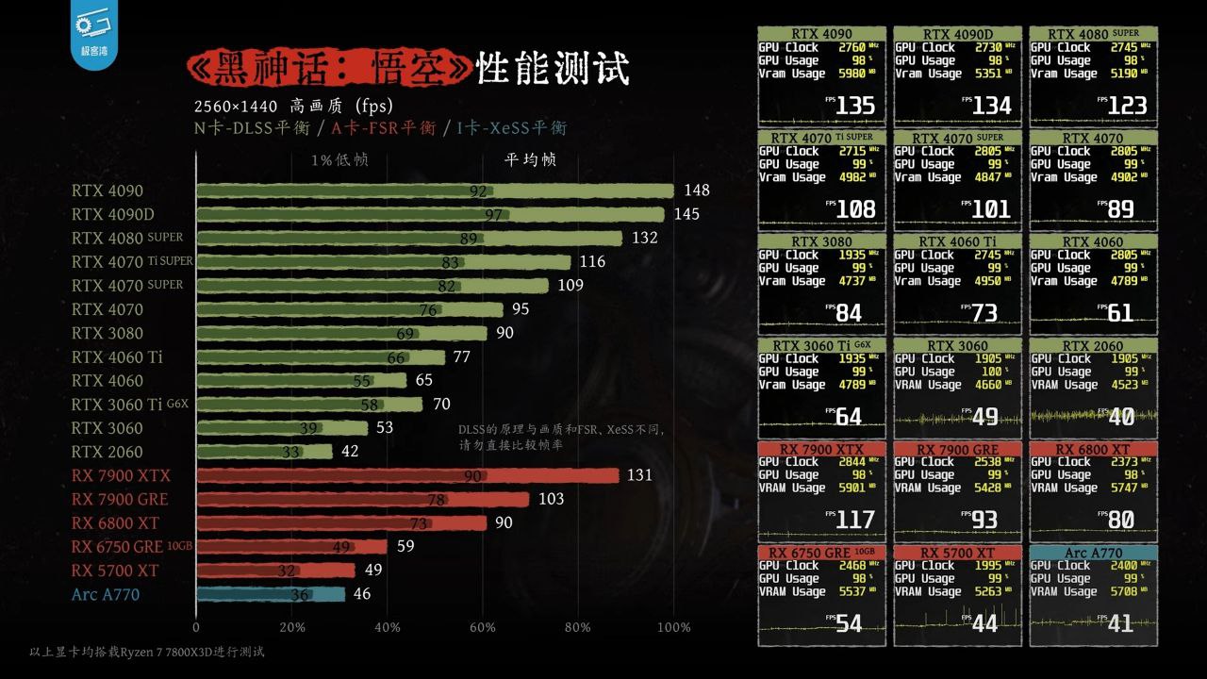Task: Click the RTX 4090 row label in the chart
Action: pyautogui.click(x=107, y=190)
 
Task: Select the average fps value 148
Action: pyautogui.click(x=698, y=190)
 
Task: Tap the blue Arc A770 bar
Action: pyautogui.click(x=270, y=594)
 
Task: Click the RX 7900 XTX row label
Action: pyautogui.click(x=121, y=475)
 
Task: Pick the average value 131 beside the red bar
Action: pyautogui.click(x=639, y=475)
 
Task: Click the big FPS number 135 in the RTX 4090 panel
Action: pyautogui.click(x=855, y=106)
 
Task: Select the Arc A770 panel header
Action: pyautogui.click(x=1093, y=553)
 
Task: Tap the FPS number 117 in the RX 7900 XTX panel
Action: pyautogui.click(x=855, y=520)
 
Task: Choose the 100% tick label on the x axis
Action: pyautogui.click(x=673, y=628)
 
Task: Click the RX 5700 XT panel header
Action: pyautogui.click(x=957, y=553)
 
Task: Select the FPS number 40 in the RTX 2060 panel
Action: pyautogui.click(x=1121, y=417)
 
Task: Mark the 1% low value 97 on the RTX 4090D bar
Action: pyautogui.click(x=493, y=215)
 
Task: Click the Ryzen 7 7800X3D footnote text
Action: pyautogui.click(x=146, y=652)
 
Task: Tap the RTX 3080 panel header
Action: pyautogui.click(x=821, y=241)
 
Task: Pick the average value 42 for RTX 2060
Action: pyautogui.click(x=350, y=452)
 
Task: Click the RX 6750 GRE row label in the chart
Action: pyautogui.click(x=117, y=547)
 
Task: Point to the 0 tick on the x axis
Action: pyautogui.click(x=196, y=628)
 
